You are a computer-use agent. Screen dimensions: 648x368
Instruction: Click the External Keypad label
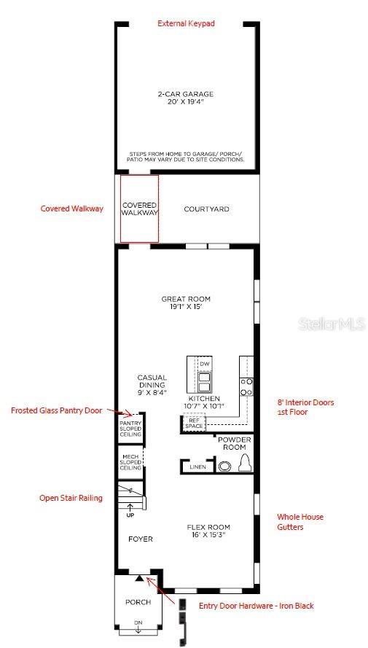pyautogui.click(x=186, y=23)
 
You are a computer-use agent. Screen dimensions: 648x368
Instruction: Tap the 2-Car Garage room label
pyautogui.click(x=186, y=98)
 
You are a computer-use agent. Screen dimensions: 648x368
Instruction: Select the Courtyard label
pyautogui.click(x=206, y=209)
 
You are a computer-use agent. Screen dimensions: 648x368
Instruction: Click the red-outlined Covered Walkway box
pyautogui.click(x=139, y=208)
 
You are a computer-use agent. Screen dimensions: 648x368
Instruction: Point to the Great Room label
pyautogui.click(x=186, y=302)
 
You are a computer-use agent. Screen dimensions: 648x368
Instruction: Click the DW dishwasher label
pyautogui.click(x=205, y=363)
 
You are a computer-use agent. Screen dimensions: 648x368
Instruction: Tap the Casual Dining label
pyautogui.click(x=152, y=385)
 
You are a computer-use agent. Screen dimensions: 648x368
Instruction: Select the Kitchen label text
pyautogui.click(x=206, y=402)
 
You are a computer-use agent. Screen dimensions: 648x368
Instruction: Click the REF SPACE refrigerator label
pyautogui.click(x=194, y=423)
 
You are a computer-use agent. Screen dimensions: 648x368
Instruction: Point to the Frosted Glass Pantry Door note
pyautogui.click(x=56, y=410)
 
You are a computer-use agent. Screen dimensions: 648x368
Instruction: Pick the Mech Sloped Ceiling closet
pyautogui.click(x=131, y=463)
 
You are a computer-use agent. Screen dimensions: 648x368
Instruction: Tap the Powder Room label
pyautogui.click(x=235, y=444)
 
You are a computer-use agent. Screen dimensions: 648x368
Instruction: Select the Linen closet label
pyautogui.click(x=197, y=467)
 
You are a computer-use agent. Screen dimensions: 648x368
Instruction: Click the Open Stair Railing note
pyautogui.click(x=71, y=498)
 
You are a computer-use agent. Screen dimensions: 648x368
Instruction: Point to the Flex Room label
pyautogui.click(x=208, y=531)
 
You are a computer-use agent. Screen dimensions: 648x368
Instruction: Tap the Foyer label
pyautogui.click(x=141, y=539)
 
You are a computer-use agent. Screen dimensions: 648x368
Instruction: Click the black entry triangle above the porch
pyautogui.click(x=138, y=577)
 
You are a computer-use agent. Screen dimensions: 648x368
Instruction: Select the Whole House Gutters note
pyautogui.click(x=300, y=522)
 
